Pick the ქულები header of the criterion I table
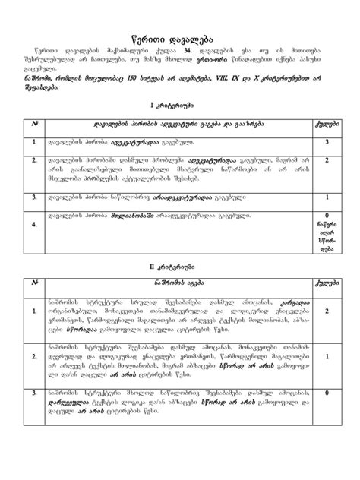point(326,124)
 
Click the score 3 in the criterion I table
point(326,142)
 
